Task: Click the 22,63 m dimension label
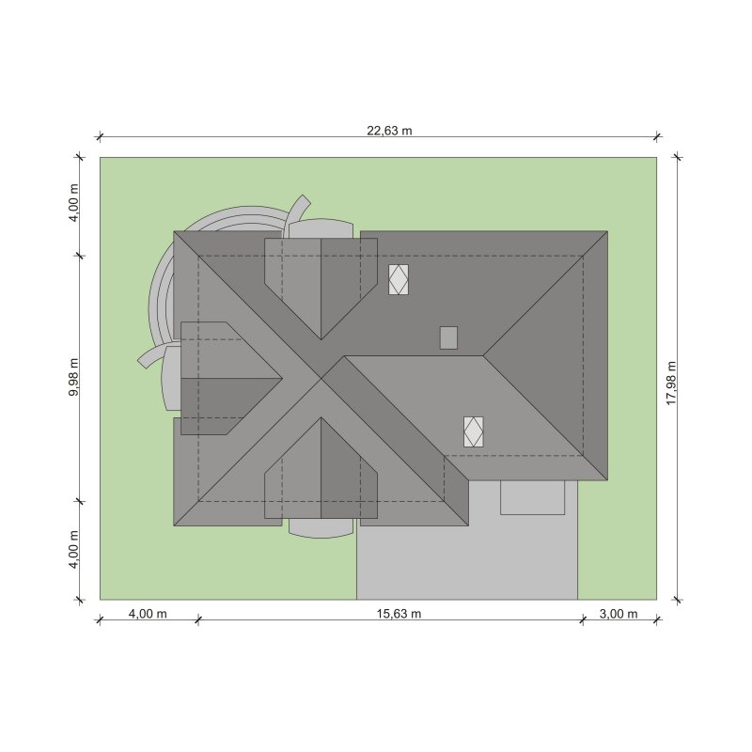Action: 389,131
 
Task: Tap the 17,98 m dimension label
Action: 671,384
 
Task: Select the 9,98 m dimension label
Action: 74,377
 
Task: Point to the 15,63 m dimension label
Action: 399,614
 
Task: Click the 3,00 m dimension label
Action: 619,614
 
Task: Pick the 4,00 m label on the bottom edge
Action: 148,614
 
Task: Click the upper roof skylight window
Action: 399,279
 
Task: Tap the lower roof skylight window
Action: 474,431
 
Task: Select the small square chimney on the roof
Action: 449,337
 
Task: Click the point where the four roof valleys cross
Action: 321,379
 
